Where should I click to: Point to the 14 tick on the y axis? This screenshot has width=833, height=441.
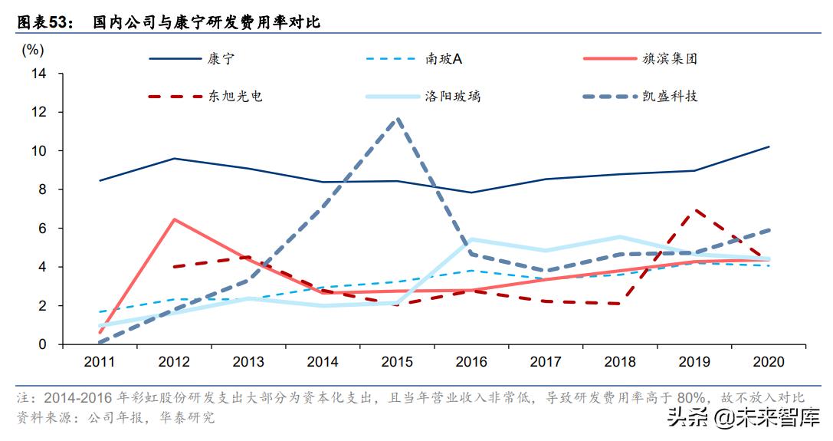coord(39,74)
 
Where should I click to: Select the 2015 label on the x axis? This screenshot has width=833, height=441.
coord(396,361)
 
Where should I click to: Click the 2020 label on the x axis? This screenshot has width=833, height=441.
coord(769,361)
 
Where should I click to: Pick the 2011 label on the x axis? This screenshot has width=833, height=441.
coord(100,361)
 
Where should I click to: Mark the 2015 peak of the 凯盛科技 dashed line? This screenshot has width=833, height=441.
coord(396,119)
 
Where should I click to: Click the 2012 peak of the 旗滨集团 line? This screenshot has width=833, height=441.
coord(175,219)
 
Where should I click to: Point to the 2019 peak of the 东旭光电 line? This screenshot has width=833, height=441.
coord(694,209)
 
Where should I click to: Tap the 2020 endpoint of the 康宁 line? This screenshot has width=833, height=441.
coord(769,146)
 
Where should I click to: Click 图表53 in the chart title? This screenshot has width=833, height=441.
coord(43,23)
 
